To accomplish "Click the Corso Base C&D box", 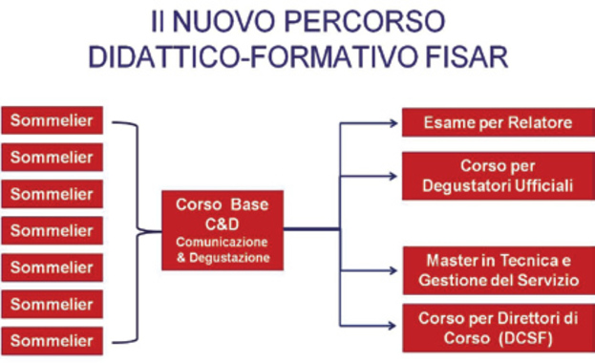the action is click(x=222, y=230).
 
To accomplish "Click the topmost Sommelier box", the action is click(x=53, y=120).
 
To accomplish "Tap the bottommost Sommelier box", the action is click(x=53, y=340).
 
